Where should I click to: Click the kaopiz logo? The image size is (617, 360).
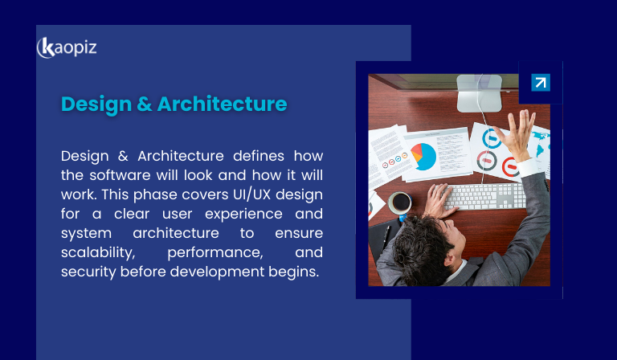coord(67,47)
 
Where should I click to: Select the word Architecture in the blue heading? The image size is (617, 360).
coord(222,104)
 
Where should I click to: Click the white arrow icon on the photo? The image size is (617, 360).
coord(541,83)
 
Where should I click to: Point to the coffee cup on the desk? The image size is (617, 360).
coord(399,202)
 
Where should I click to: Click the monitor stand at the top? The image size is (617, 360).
coord(480,93)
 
